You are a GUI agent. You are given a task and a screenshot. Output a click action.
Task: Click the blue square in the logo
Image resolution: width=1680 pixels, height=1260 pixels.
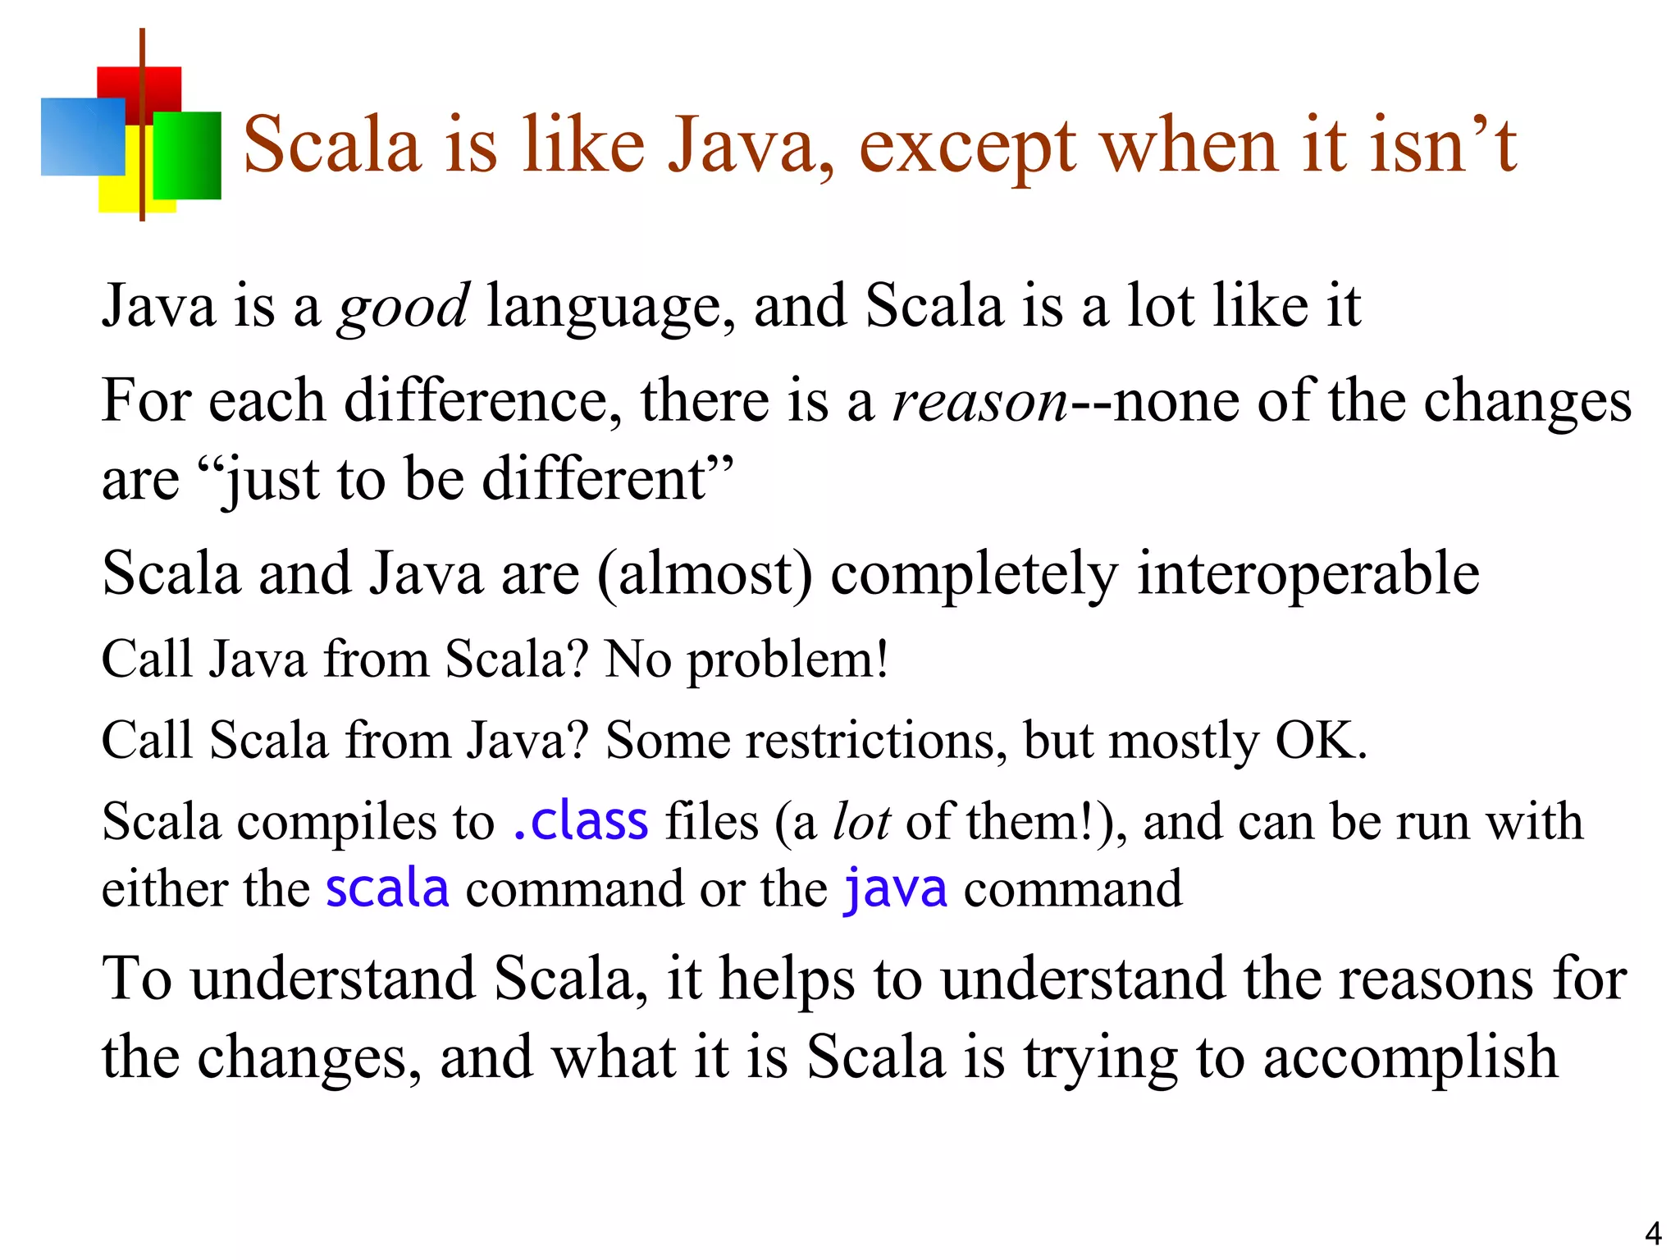(82, 136)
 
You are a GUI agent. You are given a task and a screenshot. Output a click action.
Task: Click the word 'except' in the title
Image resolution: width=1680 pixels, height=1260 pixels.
(967, 148)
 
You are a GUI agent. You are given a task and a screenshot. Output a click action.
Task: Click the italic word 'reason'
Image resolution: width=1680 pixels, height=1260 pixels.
(979, 402)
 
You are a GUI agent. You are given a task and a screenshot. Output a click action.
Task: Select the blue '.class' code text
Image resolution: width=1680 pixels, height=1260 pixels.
(580, 822)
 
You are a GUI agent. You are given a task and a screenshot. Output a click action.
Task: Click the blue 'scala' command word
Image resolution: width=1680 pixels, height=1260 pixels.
(387, 889)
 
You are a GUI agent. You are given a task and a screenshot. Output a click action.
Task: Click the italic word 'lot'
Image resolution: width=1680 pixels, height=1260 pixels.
(861, 822)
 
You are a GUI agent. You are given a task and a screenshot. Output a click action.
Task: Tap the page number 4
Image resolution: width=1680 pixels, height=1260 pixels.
(1653, 1234)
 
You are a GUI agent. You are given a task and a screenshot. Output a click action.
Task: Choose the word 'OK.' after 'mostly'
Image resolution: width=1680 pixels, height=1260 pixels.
(1321, 741)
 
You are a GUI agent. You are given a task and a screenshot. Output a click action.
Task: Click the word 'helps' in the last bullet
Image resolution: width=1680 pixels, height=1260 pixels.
(787, 980)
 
